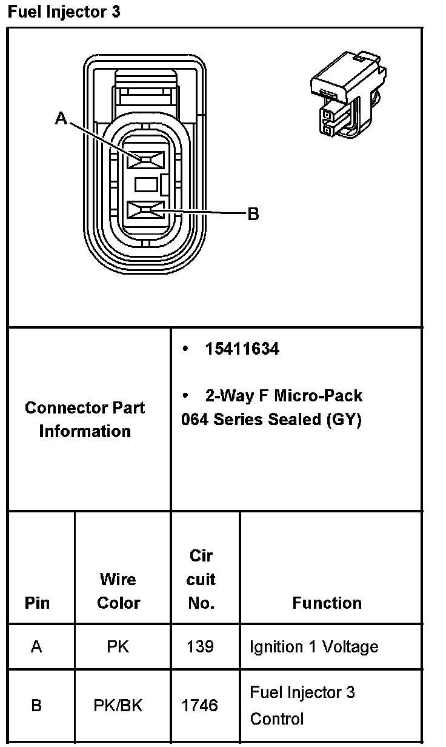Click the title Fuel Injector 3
coord(64,12)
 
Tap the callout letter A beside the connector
coord(61,118)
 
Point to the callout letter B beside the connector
coord(253,213)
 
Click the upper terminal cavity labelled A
coord(146,159)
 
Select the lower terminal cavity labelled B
coord(146,211)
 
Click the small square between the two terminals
coord(146,184)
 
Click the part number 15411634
coord(242,349)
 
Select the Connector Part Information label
coord(85,419)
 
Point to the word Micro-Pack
coord(318,396)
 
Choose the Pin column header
coord(37,603)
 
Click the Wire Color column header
coord(118,591)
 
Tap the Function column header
coord(327,603)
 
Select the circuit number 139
coord(201,647)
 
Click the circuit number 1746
coord(201,706)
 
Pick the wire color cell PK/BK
coord(118,706)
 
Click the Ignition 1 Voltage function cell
coord(314,647)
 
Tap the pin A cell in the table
coord(36,647)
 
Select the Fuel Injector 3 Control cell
coord(302,706)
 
